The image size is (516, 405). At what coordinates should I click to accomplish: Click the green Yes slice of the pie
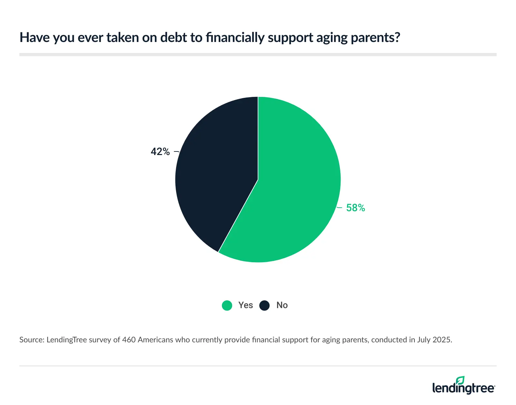(x=290, y=187)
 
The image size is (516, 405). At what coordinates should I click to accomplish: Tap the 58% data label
(x=355, y=208)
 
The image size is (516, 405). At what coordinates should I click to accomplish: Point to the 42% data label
(x=160, y=151)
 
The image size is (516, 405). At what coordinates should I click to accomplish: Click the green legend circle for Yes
(x=227, y=305)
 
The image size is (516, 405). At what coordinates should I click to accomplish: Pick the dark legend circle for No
(x=264, y=305)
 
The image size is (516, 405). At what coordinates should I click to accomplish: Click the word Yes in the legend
(x=245, y=305)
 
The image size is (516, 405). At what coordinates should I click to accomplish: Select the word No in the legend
(x=282, y=305)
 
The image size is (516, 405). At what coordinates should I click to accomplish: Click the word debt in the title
(x=174, y=38)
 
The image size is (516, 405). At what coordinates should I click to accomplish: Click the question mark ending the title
(x=397, y=38)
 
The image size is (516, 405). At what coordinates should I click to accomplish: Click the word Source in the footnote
(x=31, y=340)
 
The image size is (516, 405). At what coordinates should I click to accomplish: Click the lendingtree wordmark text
(x=463, y=388)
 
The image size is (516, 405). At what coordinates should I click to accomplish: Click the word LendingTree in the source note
(x=66, y=340)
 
